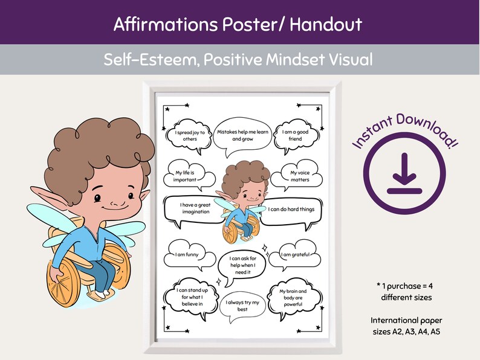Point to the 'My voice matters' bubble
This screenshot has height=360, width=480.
[299, 176]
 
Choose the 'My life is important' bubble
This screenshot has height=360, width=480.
[186, 175]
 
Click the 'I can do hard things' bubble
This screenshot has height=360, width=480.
[296, 209]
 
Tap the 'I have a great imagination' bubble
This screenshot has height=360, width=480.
[195, 208]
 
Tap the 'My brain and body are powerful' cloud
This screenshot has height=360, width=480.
[294, 298]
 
